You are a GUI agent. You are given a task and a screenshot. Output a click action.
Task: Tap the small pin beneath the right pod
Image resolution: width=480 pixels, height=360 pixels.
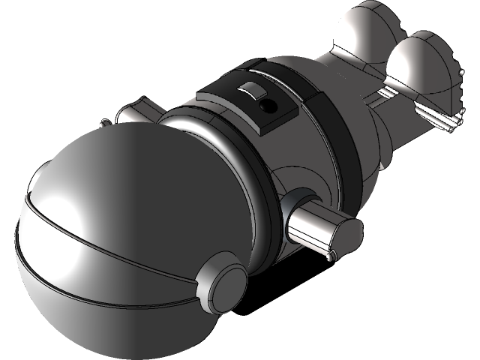(329, 257)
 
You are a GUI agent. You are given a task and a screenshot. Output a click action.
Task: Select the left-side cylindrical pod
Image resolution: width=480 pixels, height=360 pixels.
(139, 112)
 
